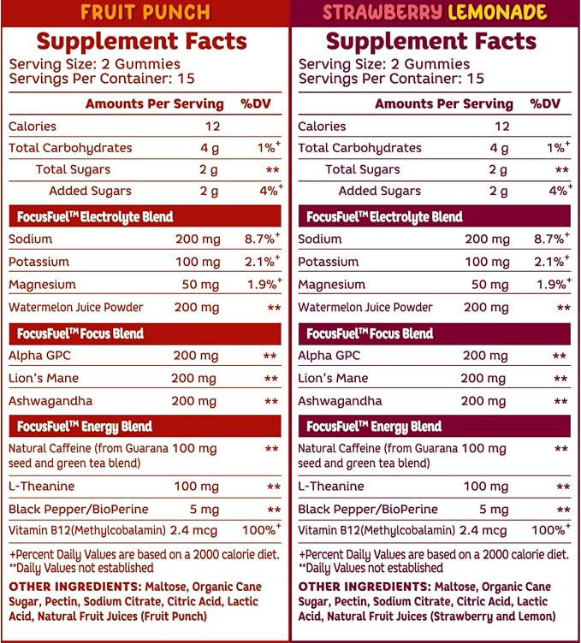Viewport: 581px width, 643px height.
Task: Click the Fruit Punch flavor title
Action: click(x=145, y=12)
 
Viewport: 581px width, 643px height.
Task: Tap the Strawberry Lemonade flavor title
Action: click(x=435, y=12)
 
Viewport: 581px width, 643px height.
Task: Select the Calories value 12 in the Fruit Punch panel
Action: click(x=212, y=126)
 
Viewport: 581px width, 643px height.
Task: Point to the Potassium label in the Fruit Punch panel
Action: click(x=39, y=262)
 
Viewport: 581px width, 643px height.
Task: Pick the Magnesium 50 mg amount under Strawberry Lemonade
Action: click(x=489, y=284)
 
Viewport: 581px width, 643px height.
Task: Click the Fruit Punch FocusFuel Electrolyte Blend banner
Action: click(x=145, y=216)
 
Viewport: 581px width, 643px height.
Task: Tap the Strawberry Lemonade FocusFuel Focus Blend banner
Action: click(x=435, y=333)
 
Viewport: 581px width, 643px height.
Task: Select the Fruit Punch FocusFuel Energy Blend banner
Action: click(x=145, y=427)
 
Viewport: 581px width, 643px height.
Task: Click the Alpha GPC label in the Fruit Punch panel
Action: click(x=39, y=355)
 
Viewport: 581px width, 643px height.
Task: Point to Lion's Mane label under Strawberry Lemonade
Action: click(x=333, y=378)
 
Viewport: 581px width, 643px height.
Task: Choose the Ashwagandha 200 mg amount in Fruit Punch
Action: click(x=193, y=401)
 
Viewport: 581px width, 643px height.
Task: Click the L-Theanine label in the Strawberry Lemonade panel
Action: click(x=330, y=486)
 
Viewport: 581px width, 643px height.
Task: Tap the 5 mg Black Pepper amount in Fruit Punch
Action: click(x=205, y=510)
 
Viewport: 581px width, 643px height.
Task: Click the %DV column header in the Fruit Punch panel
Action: click(x=256, y=103)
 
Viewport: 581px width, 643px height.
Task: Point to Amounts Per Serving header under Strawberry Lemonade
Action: click(x=444, y=103)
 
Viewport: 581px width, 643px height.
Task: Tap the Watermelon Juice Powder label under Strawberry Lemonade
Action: click(x=365, y=307)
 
